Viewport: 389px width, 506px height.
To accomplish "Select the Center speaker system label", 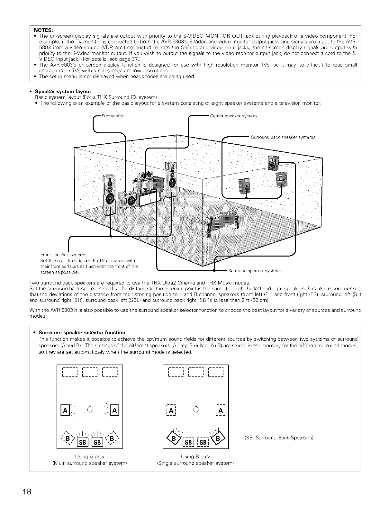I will [233, 116].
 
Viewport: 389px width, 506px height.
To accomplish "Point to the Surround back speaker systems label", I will [283, 137].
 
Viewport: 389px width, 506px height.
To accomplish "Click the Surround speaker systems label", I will [255, 271].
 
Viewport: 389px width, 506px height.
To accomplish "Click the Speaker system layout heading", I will [63, 91].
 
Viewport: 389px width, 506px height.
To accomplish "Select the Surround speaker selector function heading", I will [82, 332].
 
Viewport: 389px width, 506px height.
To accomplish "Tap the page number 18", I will [27, 492].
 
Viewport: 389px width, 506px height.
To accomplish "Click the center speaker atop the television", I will [146, 176].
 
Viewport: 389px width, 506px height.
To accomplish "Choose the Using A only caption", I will [89, 456].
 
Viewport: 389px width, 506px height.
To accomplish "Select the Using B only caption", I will [195, 456].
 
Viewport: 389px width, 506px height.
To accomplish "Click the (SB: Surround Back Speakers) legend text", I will [279, 438].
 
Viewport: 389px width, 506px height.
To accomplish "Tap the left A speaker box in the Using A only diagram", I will [65, 411].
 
